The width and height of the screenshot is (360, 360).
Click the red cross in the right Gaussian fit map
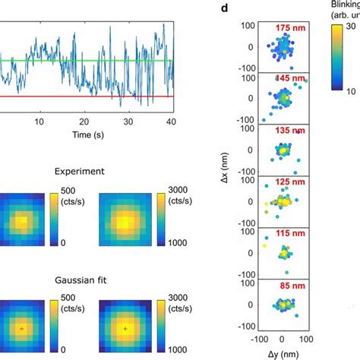pos(125,329)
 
